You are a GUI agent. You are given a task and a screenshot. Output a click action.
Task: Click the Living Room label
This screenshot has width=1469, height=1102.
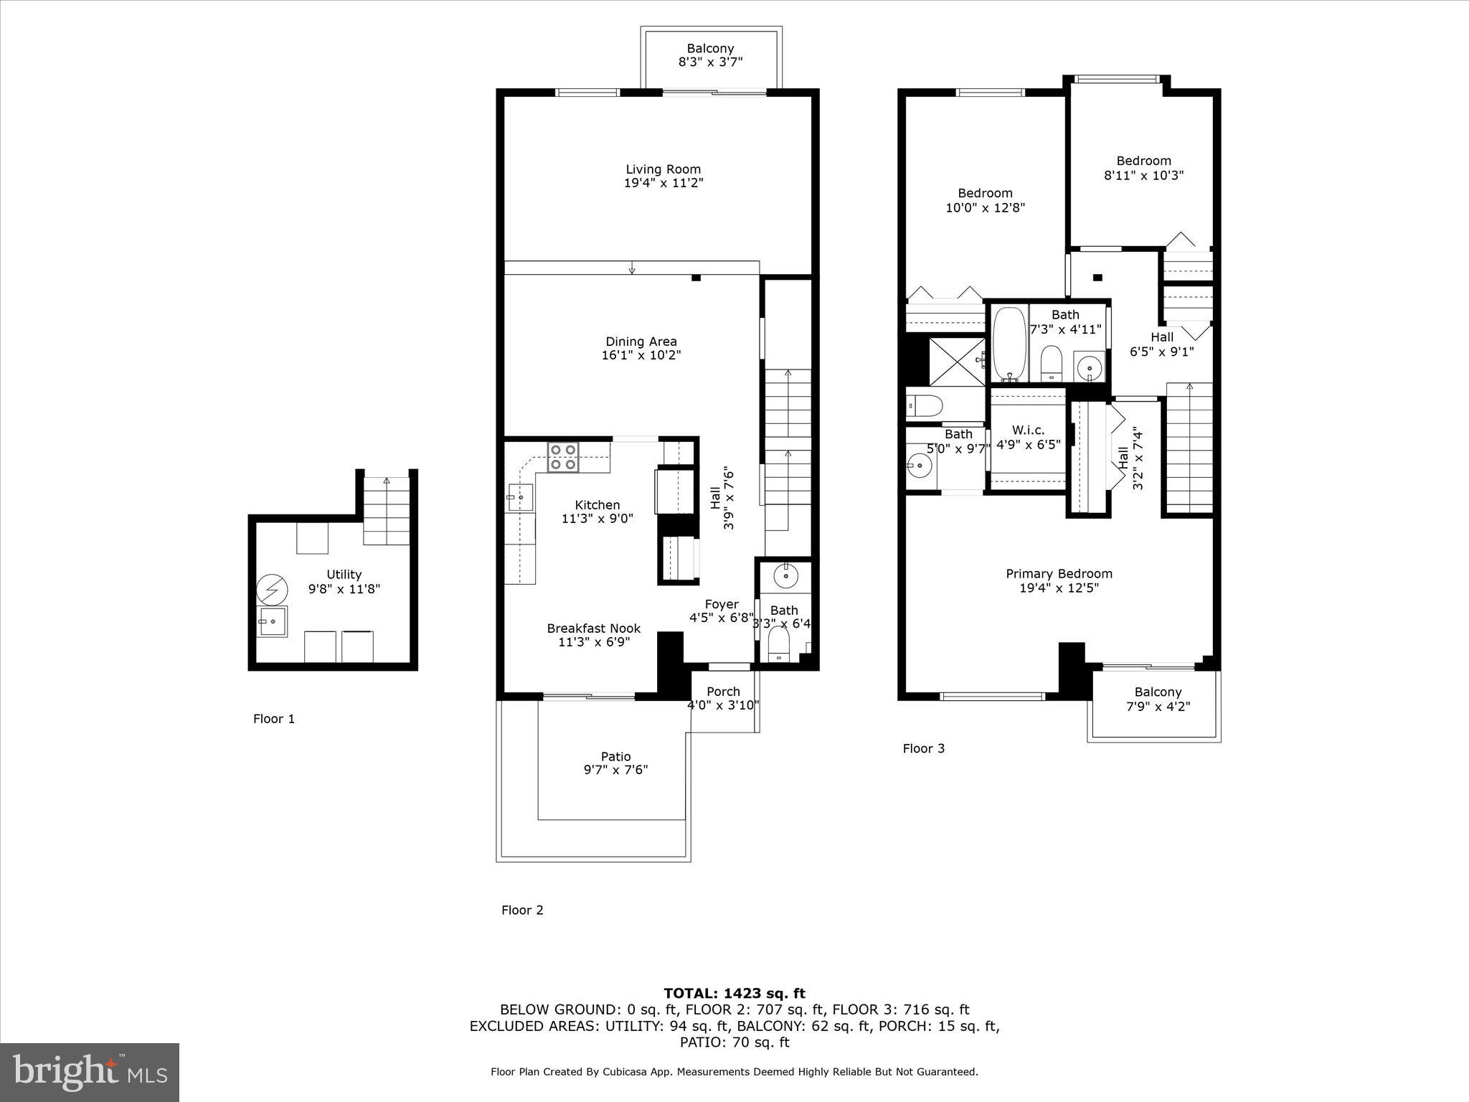pos(663,169)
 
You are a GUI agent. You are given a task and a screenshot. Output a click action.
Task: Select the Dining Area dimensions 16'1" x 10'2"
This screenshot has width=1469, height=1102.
pos(641,355)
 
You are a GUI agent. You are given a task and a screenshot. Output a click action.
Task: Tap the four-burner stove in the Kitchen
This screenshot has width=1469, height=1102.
pos(563,457)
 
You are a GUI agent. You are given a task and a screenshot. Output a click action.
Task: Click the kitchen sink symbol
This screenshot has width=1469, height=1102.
pos(519,496)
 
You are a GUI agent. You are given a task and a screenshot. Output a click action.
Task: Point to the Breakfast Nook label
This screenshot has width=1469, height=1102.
pos(593,628)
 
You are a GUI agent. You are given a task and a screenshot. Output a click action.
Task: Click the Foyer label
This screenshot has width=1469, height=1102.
pos(721,604)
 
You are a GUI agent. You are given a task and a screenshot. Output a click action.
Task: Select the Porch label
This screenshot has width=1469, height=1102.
pos(723,692)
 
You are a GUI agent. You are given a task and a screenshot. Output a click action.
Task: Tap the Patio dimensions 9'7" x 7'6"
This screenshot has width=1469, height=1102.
pos(615,770)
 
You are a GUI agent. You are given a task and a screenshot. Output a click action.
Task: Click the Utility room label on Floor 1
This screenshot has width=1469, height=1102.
pos(344,574)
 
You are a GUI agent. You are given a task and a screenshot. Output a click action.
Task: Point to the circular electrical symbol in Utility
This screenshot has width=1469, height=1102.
pos(272,590)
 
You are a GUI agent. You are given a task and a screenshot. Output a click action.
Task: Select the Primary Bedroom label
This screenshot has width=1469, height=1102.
pos(1059,573)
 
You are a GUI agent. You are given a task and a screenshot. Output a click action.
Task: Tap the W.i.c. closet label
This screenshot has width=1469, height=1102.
pos(1028,430)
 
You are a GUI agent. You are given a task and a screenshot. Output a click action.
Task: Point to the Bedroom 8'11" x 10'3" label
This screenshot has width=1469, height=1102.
pos(1143,161)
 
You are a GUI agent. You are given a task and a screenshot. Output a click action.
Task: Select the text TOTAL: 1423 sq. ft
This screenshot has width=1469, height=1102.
pos(734,994)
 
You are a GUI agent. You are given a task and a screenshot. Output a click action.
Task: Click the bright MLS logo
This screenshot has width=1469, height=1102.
pos(90,1073)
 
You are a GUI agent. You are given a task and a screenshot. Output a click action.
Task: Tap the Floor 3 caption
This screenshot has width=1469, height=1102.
pos(923,748)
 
